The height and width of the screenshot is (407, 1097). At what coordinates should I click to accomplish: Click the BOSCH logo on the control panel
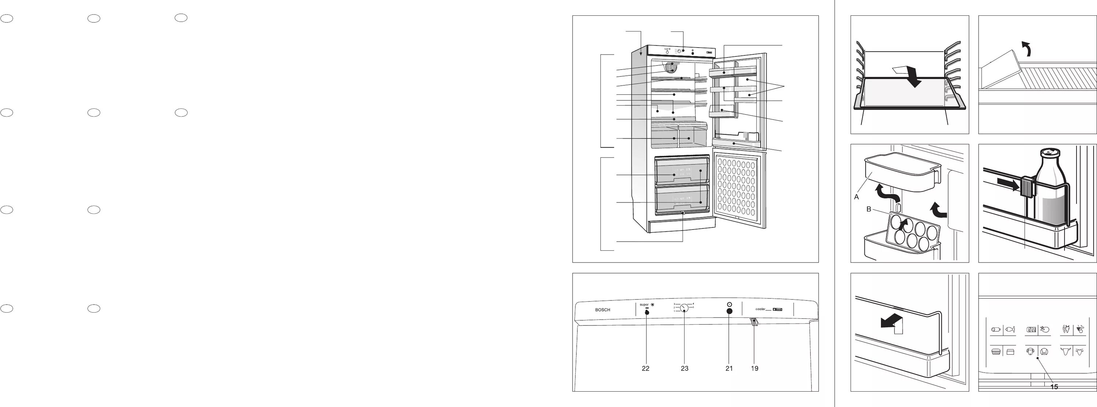coord(602,310)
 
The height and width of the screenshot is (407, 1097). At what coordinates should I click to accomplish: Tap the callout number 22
coord(646,369)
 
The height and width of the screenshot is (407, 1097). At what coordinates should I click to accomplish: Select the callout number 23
coord(685,369)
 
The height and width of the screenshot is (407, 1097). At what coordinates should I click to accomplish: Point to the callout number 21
coord(729,369)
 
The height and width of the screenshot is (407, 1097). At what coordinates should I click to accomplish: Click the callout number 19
coord(755,369)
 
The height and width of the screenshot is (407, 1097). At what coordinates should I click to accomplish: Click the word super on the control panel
coord(644,305)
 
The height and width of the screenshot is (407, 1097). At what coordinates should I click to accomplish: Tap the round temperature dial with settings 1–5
coord(685,308)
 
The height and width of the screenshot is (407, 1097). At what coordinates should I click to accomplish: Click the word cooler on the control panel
coord(760,309)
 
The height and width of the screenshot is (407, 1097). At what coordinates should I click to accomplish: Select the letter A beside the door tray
coord(856,197)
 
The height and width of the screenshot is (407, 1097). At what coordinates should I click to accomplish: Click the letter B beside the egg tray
coord(869,209)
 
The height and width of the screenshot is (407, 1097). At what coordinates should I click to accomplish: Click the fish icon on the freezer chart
coord(1010,329)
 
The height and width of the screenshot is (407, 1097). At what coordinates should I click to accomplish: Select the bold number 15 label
coord(1054,387)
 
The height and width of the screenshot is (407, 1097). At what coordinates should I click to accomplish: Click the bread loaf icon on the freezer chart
coord(996,352)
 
